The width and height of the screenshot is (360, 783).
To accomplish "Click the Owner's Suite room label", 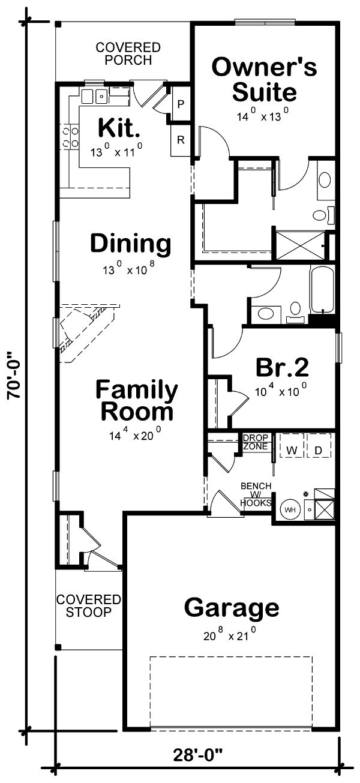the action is [264, 79].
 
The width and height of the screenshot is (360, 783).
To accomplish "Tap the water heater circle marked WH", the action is [290, 509].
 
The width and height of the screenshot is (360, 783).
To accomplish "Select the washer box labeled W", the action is [292, 451].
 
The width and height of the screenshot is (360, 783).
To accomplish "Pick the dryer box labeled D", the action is [319, 451].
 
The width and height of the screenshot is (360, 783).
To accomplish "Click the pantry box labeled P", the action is [181, 104].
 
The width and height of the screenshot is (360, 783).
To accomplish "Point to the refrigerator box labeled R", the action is [181, 140].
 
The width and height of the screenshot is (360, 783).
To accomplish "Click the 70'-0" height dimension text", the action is [14, 375].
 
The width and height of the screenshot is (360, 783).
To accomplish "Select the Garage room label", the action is [232, 608].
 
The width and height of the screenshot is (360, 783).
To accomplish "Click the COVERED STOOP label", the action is [89, 606].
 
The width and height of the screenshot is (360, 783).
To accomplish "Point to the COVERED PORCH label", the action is [128, 53].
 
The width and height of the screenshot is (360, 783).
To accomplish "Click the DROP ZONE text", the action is [256, 442].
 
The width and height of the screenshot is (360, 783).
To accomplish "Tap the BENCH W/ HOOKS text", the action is [256, 494].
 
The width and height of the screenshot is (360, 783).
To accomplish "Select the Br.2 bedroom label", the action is [282, 367].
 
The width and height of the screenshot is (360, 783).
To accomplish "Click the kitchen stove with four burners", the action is [69, 137].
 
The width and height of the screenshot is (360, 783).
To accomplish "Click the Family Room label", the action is [137, 401].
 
